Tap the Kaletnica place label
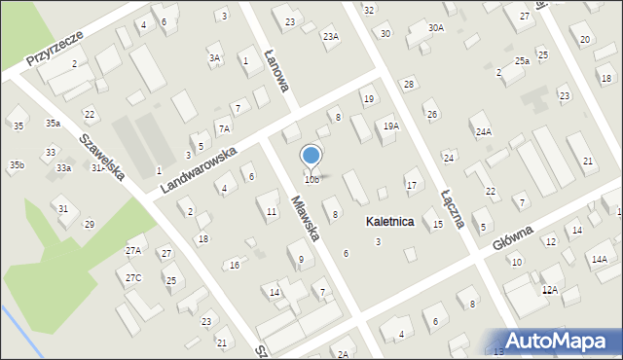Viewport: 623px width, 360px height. pos(389,222)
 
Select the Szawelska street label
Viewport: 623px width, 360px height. pos(101,157)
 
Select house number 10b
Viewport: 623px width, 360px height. pos(311,180)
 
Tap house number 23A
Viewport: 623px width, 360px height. pos(331,36)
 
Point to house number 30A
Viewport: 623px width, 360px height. pos(436,28)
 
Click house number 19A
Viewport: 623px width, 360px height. pos(390,126)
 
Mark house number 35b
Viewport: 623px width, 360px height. pos(17,165)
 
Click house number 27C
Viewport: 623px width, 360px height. pos(132,278)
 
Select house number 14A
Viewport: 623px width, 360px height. pos(599,259)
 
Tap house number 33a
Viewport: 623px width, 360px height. pos(63,168)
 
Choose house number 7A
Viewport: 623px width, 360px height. pos(224,128)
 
